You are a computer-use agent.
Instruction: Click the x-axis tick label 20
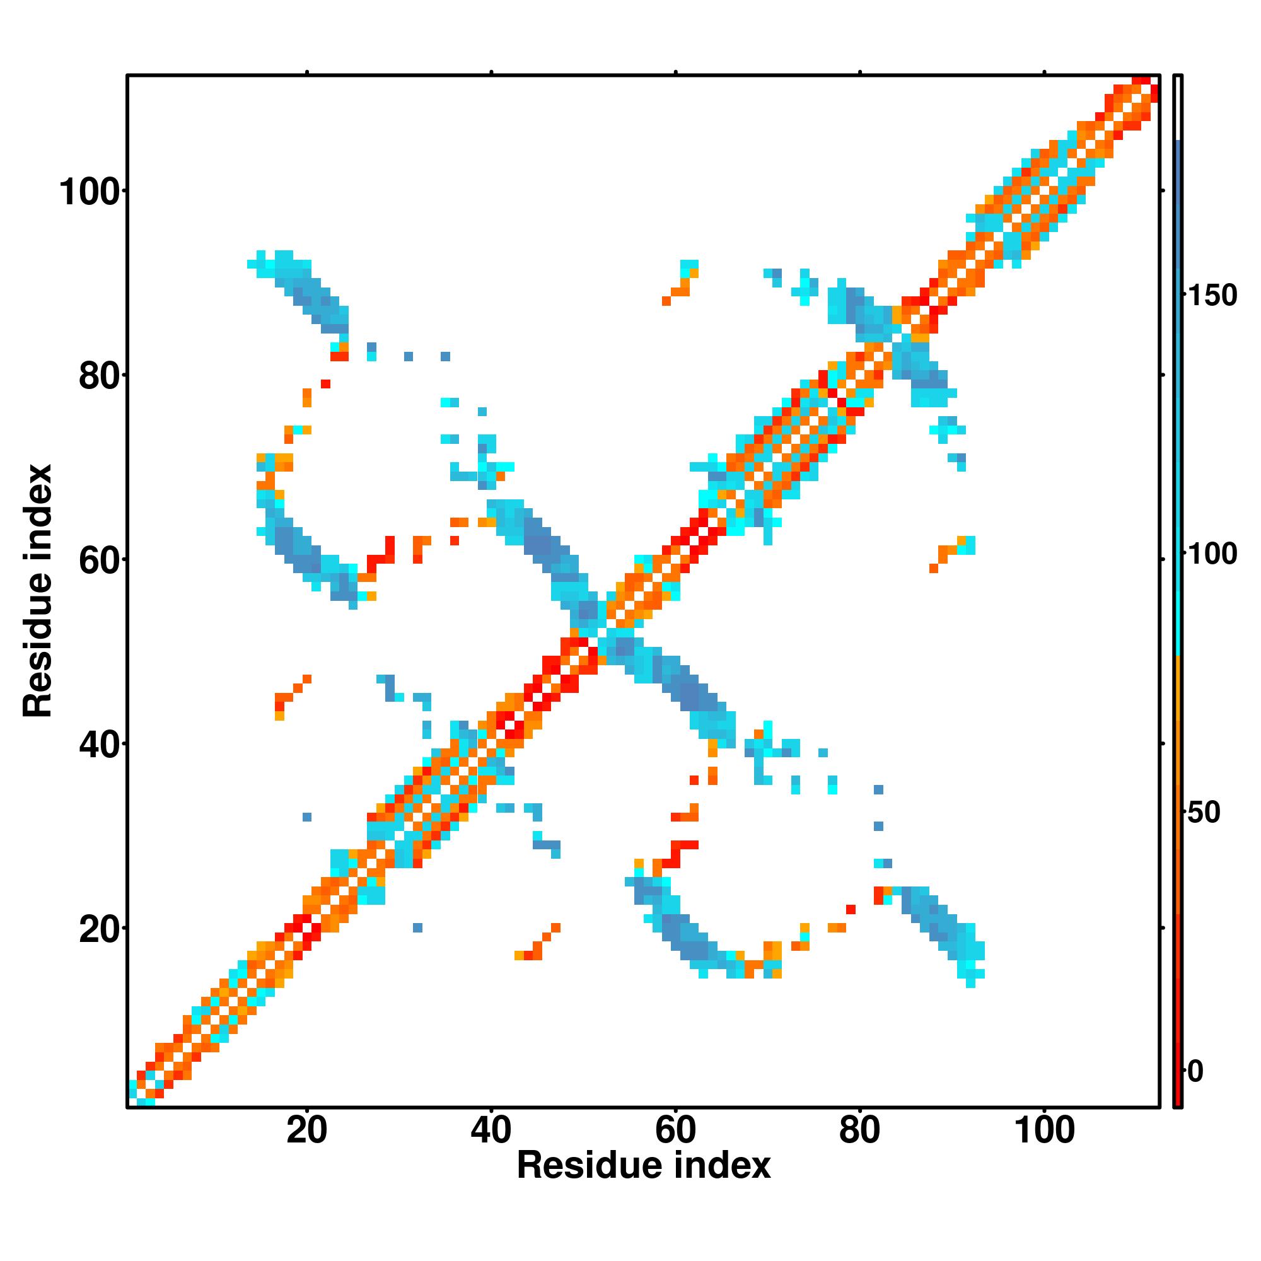click(x=307, y=1129)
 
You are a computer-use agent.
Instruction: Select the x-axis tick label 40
click(x=491, y=1129)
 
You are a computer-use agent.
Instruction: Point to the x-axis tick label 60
click(x=675, y=1129)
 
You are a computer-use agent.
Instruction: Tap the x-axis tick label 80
click(x=859, y=1129)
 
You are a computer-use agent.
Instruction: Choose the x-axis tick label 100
click(x=1044, y=1129)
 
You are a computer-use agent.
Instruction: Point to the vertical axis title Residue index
click(x=38, y=591)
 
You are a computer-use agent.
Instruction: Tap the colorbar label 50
click(x=1204, y=813)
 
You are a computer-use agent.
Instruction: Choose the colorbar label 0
click(x=1195, y=1071)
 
